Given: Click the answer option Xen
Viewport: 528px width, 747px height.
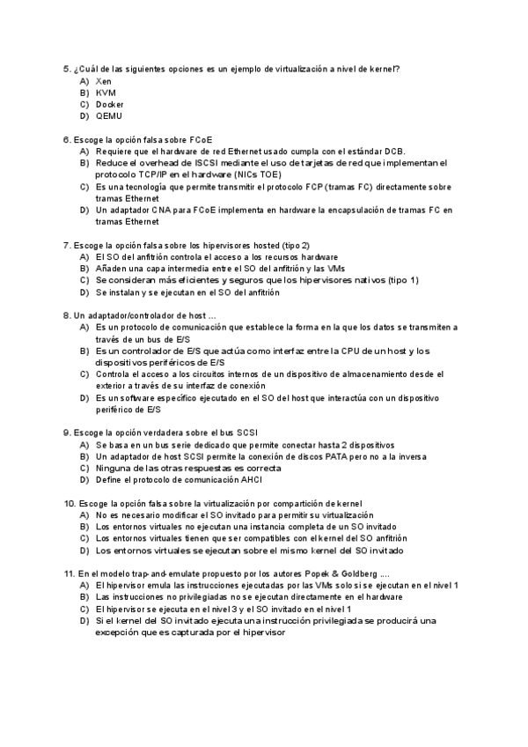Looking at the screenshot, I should tap(104, 81).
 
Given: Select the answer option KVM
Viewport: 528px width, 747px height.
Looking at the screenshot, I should tap(105, 92).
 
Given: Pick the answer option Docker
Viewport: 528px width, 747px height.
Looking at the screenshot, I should tap(110, 104).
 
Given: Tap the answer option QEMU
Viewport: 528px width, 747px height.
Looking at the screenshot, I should tap(109, 115).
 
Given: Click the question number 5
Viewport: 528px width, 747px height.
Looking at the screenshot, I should tap(67, 69).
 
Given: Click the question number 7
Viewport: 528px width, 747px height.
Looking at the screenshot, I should tap(67, 245).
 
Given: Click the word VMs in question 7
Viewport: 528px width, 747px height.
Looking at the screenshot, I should tap(326, 268).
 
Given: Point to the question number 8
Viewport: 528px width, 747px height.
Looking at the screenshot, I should tap(67, 315).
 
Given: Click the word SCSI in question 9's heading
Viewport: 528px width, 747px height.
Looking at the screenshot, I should tap(247, 433).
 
